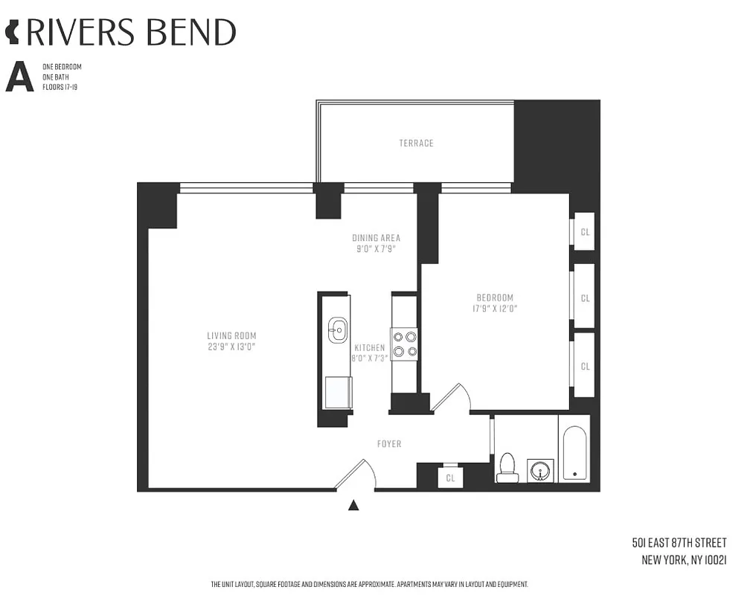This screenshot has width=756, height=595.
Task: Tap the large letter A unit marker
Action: coord(19,77)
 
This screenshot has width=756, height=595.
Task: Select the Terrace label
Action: coord(416,143)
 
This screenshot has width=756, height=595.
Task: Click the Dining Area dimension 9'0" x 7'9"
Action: coord(376,249)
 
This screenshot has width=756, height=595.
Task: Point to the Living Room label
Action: coord(231,335)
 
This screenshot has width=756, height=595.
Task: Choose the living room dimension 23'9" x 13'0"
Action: coord(231,347)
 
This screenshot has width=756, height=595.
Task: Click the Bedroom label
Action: coord(494,297)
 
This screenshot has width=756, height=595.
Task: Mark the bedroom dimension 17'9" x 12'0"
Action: coord(494,308)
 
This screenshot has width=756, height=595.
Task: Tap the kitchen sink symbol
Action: coord(338,328)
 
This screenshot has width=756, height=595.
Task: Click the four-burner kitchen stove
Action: coord(405,344)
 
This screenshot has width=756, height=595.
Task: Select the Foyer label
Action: coord(389,444)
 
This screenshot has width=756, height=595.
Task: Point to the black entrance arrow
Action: coord(354,506)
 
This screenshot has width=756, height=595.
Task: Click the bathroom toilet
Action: coord(507,467)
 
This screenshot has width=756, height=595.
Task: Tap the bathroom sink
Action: coord(541,470)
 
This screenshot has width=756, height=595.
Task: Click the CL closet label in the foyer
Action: coord(450,478)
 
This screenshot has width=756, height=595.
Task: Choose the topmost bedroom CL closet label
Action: coord(585,232)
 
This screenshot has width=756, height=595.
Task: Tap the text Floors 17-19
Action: coord(60,87)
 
